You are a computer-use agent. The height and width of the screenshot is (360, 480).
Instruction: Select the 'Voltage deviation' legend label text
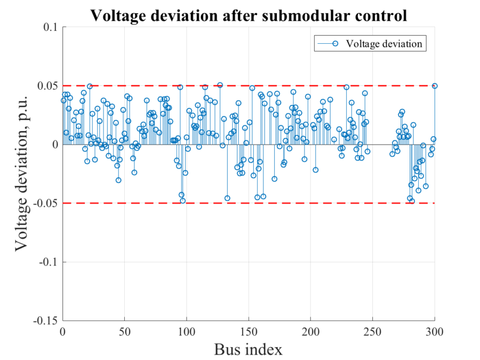[384, 44]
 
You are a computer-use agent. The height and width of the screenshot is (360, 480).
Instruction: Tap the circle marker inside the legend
[335, 44]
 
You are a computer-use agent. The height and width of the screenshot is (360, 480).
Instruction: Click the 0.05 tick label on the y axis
[48, 86]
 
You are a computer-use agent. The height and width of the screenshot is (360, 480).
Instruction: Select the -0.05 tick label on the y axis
[46, 203]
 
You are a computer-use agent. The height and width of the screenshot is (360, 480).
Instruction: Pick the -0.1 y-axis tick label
[49, 262]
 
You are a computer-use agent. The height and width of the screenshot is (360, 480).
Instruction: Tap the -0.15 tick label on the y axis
[46, 321]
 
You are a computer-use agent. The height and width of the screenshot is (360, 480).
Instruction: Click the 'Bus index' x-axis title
[249, 349]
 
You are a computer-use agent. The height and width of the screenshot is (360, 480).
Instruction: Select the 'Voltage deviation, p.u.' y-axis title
[21, 174]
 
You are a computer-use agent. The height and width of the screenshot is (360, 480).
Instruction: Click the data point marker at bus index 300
[435, 85]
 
